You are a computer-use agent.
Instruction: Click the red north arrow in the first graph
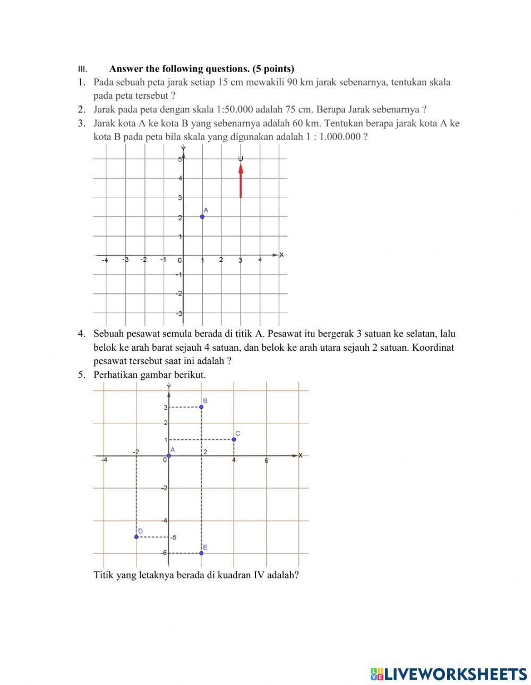241,180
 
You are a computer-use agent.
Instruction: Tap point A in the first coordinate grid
202,216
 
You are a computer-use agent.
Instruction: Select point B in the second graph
201,407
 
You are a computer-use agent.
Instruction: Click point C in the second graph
234,439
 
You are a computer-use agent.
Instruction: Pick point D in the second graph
136,537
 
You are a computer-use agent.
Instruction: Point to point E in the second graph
201,553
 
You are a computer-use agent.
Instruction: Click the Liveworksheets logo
449,674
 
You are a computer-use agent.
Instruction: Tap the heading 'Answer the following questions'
201,68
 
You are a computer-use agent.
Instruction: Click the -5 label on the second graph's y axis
173,537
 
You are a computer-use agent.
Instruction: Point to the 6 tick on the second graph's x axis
267,461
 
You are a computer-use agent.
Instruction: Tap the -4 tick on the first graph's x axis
105,260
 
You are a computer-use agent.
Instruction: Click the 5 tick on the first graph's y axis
179,159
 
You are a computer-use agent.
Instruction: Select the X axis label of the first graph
281,255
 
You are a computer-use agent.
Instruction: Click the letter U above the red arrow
241,159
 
